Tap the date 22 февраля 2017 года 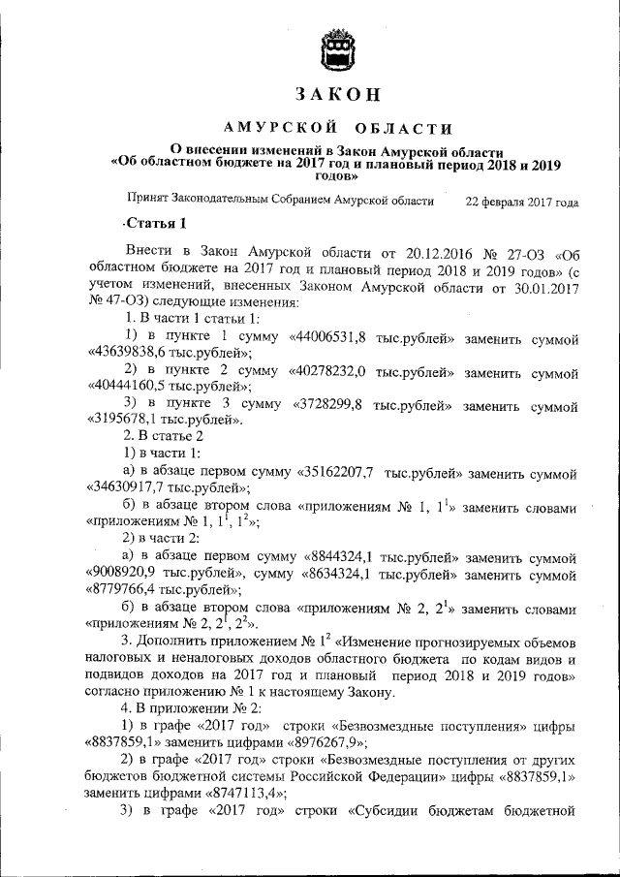coord(522,203)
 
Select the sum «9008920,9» coord(125,573)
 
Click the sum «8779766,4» coord(125,589)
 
